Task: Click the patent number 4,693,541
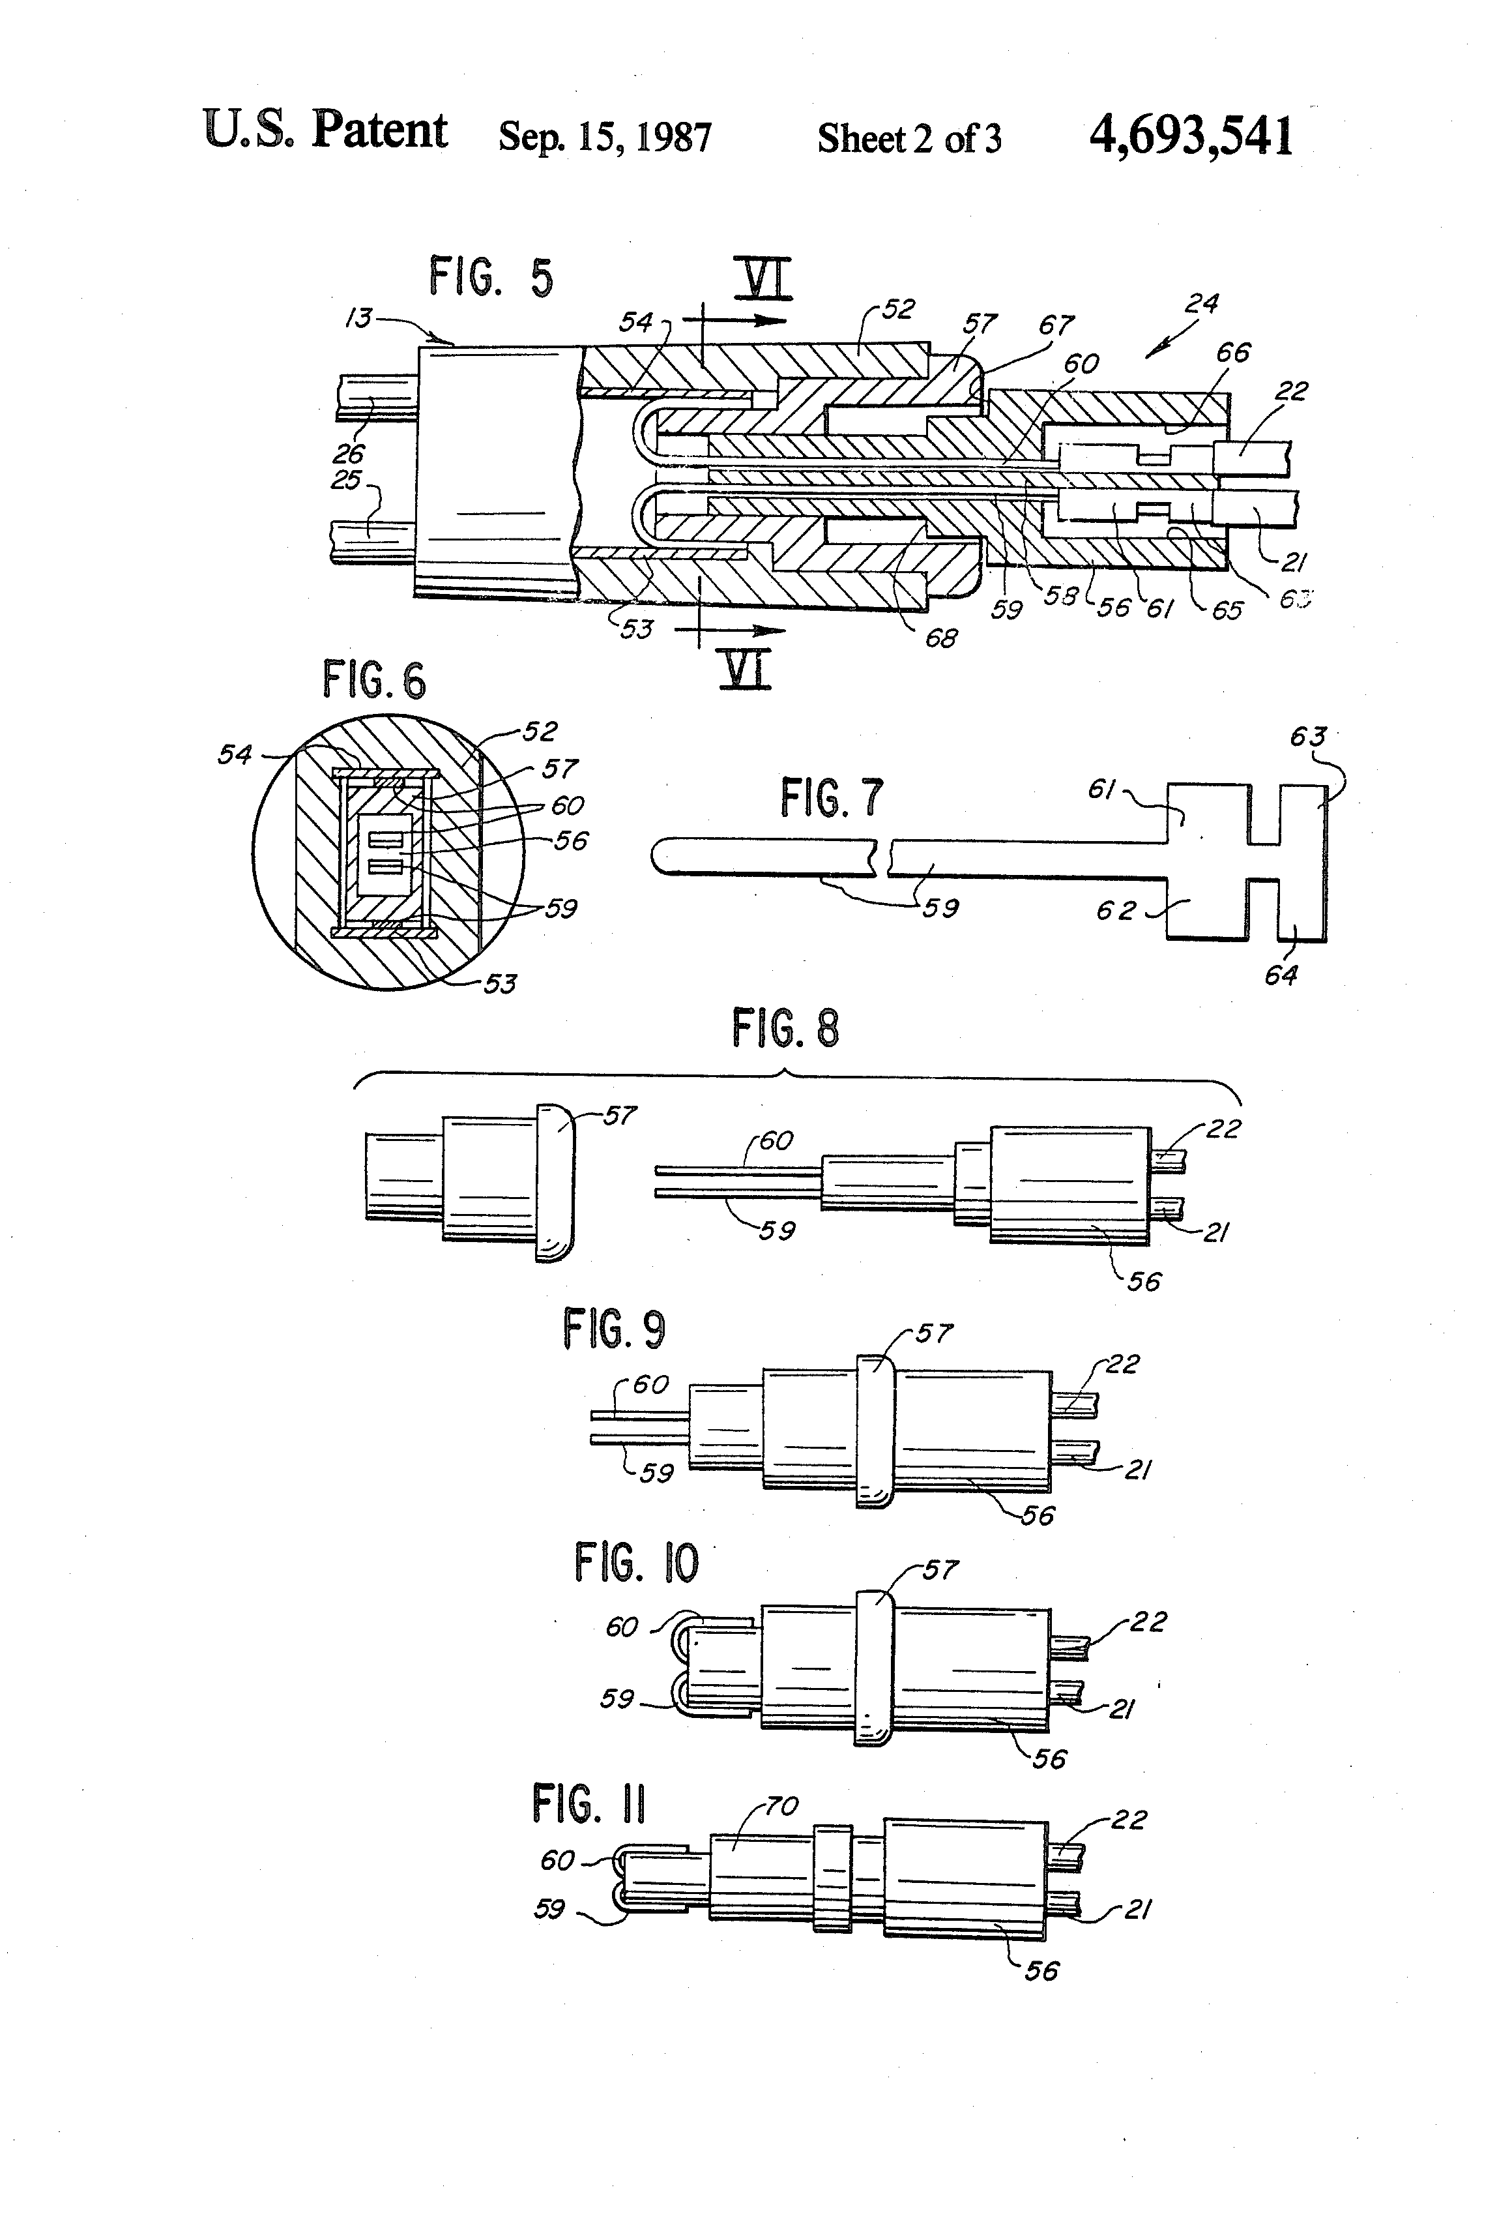[x=1191, y=136]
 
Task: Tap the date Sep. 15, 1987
[x=604, y=137]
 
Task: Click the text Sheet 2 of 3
[x=909, y=139]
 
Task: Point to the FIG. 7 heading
[x=832, y=797]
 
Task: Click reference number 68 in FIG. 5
[x=940, y=638]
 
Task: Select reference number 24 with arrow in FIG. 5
[x=1200, y=304]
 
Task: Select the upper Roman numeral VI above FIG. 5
[x=768, y=281]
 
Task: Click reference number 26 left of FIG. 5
[x=349, y=453]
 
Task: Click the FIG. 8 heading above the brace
[x=785, y=1029]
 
